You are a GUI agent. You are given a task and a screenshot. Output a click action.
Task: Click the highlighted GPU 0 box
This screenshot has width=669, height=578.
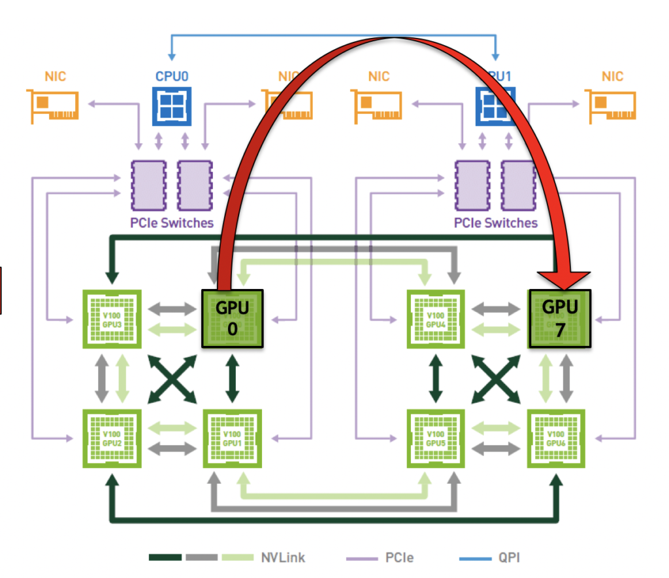pyautogui.click(x=232, y=318)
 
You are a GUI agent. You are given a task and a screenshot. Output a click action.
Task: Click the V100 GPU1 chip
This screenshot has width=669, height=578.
pyautogui.click(x=233, y=437)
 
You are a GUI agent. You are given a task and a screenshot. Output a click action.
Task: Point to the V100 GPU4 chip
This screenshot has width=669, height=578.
pyautogui.click(x=435, y=319)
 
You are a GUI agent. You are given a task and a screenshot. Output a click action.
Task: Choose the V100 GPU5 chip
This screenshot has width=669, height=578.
pyautogui.click(x=435, y=437)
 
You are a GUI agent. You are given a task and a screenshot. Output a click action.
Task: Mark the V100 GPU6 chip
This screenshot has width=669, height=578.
pyautogui.click(x=556, y=437)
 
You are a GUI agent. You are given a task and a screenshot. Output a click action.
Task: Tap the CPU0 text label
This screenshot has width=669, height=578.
pyautogui.click(x=172, y=76)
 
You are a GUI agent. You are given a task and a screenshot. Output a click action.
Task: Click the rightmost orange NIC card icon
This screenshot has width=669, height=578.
pyautogui.click(x=612, y=105)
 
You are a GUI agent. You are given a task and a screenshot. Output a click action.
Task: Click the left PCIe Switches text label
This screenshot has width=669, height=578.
pyautogui.click(x=171, y=222)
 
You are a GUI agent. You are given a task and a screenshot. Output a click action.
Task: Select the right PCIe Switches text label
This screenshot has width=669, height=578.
pyautogui.click(x=496, y=222)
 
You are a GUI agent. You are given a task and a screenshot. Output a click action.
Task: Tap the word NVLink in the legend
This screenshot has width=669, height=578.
pyautogui.click(x=282, y=558)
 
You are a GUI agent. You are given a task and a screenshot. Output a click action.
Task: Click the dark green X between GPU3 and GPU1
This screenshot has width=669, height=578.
pyautogui.click(x=171, y=379)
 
